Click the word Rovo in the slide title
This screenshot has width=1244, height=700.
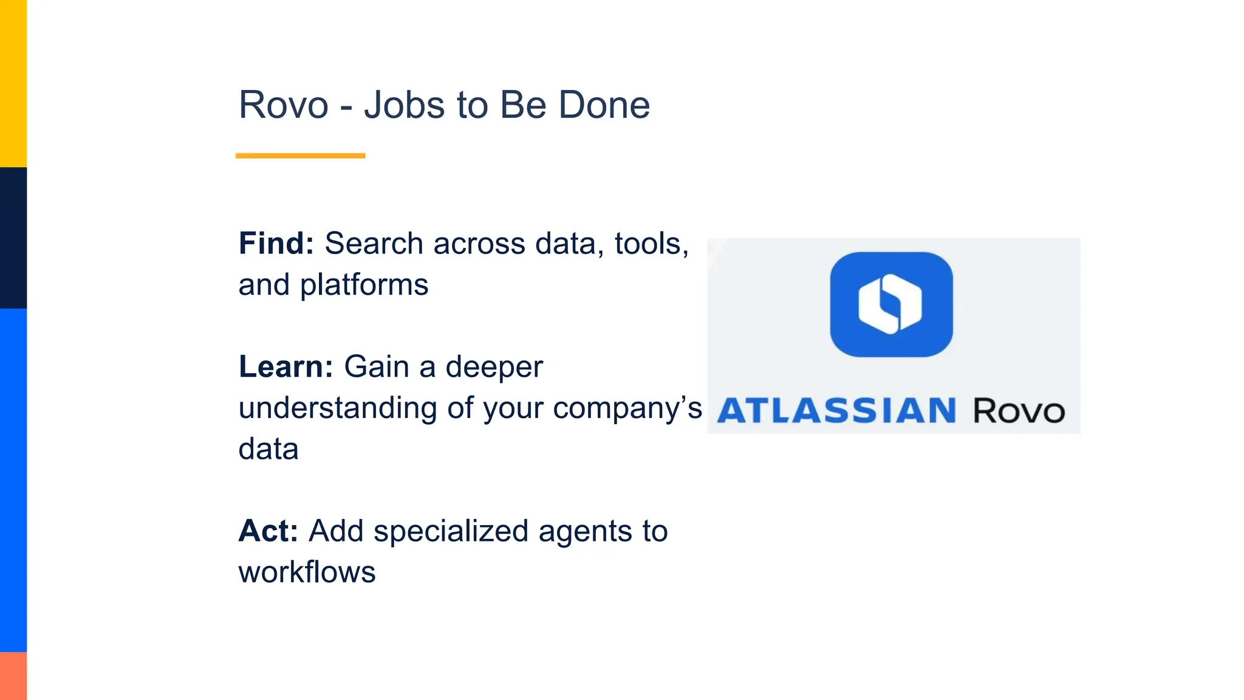(x=284, y=105)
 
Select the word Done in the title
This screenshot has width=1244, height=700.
(x=604, y=105)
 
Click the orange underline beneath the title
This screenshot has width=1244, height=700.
(x=300, y=156)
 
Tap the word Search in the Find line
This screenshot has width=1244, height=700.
(x=374, y=244)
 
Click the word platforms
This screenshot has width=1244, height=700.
(x=364, y=285)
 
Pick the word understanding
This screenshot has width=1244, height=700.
(x=338, y=408)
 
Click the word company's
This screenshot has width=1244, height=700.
(x=627, y=408)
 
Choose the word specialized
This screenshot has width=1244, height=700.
(x=451, y=531)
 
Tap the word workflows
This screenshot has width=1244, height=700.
(x=307, y=572)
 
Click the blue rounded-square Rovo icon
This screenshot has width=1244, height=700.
(x=891, y=304)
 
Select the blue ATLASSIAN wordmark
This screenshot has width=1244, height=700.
(x=837, y=411)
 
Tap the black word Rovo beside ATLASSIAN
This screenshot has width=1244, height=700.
(x=1019, y=411)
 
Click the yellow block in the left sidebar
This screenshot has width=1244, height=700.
(x=13, y=83)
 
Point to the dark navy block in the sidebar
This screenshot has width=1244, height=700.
(x=13, y=238)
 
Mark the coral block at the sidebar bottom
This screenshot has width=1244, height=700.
(x=13, y=676)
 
